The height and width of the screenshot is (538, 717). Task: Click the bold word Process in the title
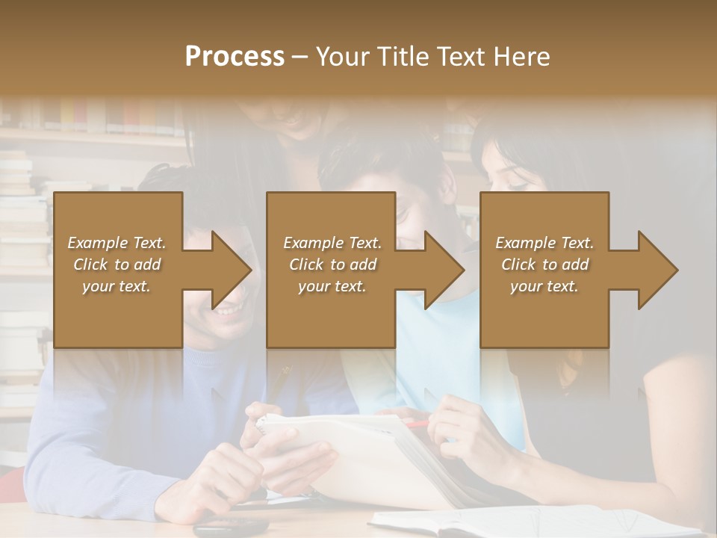pos(235,57)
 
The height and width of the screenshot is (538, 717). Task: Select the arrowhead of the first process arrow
pos(232,270)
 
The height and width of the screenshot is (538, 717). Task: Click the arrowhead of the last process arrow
pos(658,270)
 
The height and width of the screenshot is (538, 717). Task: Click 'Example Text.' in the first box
pos(117,243)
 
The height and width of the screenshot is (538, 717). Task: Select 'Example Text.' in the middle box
pos(332,243)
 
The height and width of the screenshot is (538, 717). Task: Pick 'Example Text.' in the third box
pos(544,243)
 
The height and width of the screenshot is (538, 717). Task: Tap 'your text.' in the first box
pos(117,286)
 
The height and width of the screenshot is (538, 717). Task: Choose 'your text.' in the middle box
pos(332,286)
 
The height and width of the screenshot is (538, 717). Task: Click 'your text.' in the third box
pos(544,286)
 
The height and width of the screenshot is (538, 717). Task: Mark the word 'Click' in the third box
pos(519,265)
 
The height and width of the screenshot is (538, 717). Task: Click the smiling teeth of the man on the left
pos(229,307)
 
